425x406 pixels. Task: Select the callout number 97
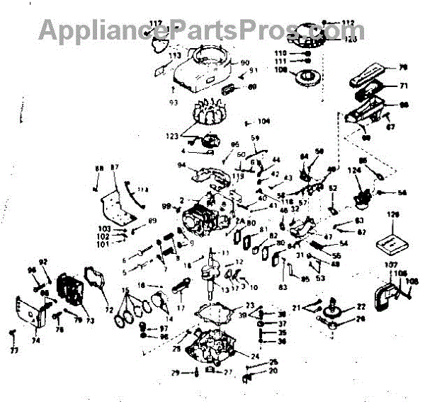pos(164,328)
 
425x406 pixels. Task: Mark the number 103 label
pos(105,229)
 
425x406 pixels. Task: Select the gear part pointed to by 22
pos(334,309)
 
